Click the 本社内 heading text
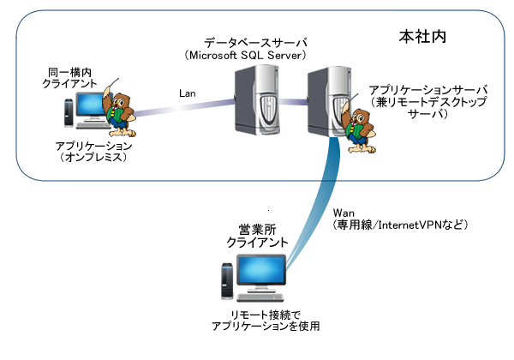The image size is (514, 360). pos(427,38)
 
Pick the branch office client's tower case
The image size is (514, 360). pos(225,284)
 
